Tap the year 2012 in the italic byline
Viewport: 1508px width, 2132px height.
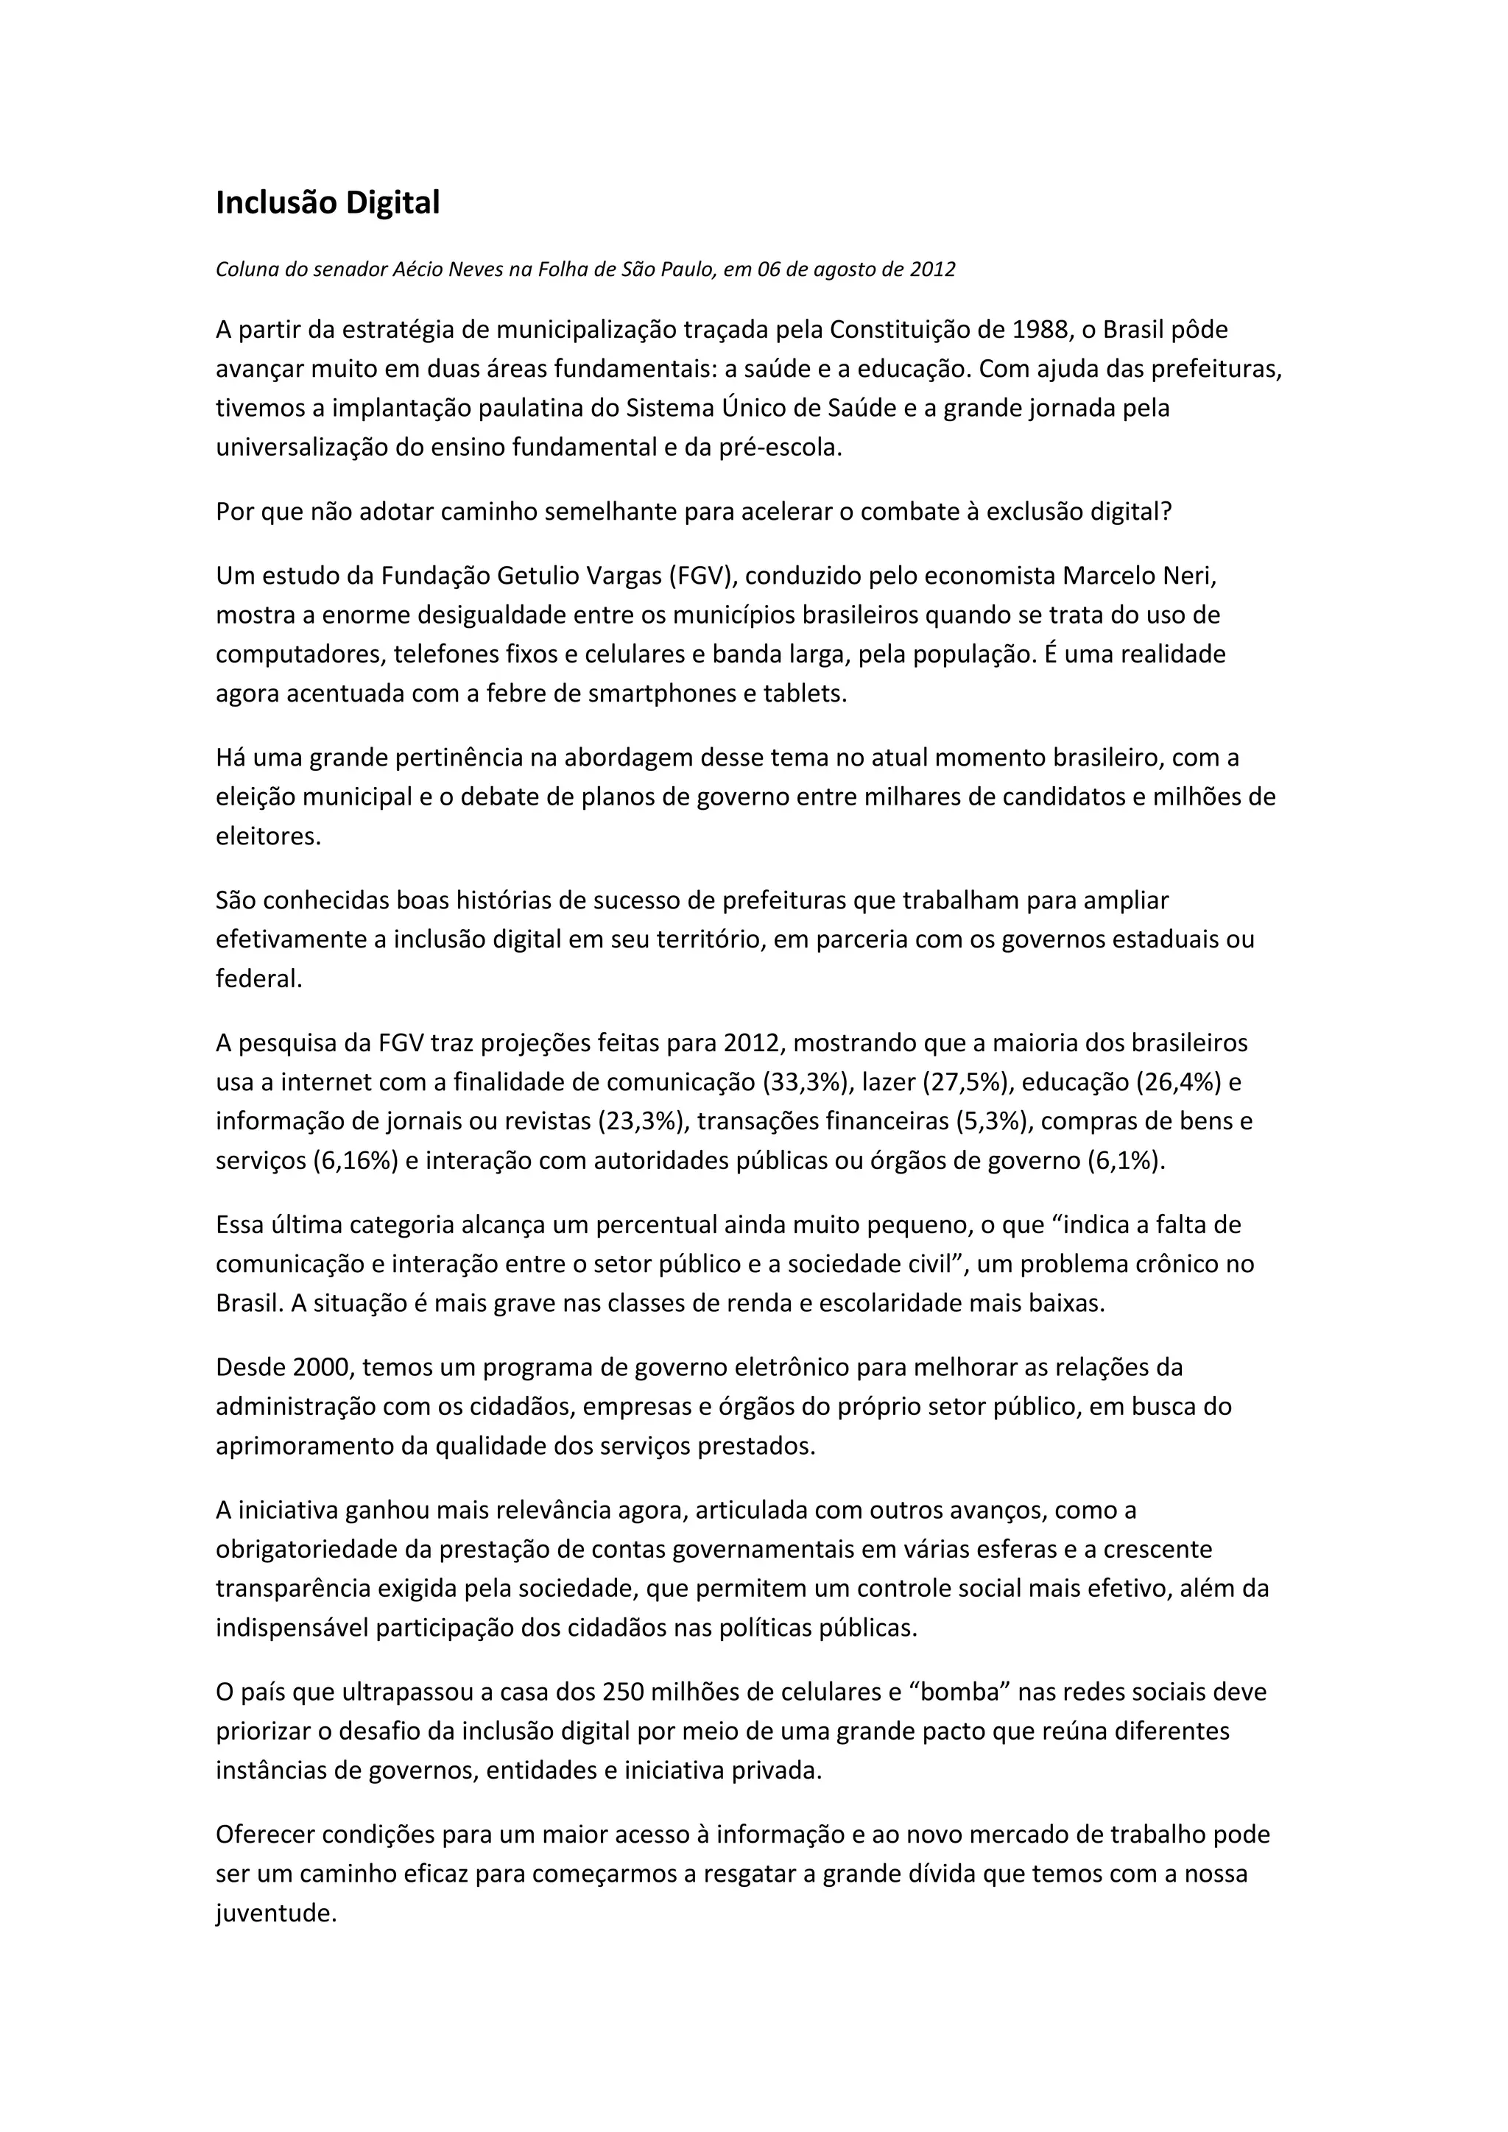(x=932, y=269)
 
